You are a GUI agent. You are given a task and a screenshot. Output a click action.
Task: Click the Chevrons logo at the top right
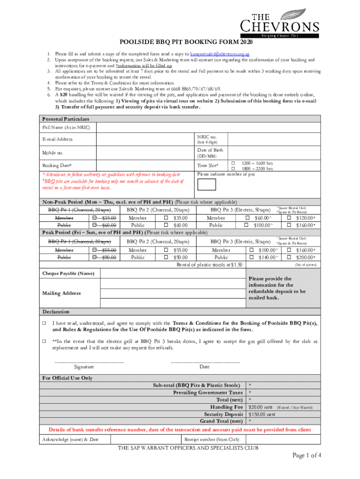tap(280, 23)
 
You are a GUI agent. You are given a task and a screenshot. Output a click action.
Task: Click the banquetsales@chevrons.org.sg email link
tap(222, 54)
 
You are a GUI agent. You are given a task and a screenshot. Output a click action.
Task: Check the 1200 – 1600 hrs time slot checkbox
tap(233, 162)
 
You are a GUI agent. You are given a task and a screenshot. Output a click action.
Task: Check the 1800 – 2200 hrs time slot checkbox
tap(233, 168)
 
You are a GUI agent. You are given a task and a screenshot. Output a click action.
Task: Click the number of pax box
tap(207, 184)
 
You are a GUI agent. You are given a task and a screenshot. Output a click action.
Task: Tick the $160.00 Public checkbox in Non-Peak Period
tap(289, 225)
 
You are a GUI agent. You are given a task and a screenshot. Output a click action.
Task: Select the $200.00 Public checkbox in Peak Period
tap(289, 257)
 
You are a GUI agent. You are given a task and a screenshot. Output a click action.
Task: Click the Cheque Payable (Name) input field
tap(173, 273)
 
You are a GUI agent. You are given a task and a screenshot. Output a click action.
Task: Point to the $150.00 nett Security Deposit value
tap(262, 414)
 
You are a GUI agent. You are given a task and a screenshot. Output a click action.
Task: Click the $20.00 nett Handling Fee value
tap(260, 407)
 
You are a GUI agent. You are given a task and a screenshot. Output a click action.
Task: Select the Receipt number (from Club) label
tap(211, 439)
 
